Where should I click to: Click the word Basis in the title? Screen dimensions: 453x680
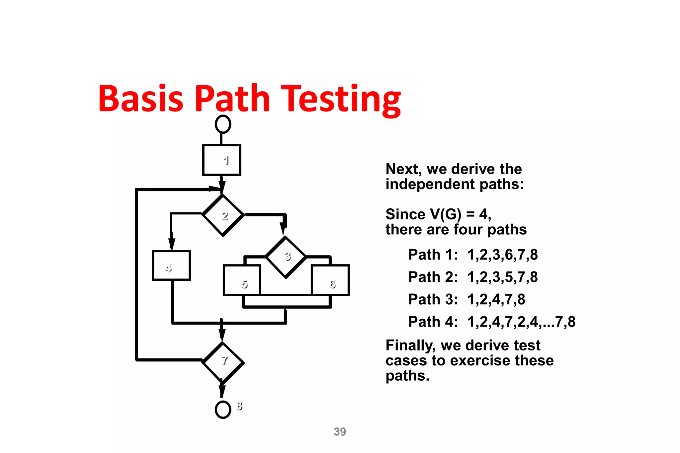141,99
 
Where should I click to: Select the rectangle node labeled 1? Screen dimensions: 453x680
221,160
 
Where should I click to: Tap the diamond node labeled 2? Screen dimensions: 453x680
223,215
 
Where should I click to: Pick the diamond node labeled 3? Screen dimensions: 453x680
286,257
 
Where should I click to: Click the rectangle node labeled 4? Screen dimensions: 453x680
171,265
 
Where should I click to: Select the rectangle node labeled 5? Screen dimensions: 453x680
241,280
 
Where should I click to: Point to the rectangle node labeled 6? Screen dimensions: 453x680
330,280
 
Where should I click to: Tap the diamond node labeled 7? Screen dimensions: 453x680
223,363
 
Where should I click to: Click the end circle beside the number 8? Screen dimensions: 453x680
223,410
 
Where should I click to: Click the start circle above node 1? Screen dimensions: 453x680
223,124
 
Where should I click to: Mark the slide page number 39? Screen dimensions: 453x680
340,432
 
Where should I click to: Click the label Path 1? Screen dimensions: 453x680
433,255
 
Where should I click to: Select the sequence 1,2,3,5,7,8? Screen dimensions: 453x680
502,277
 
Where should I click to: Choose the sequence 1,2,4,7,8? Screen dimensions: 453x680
496,299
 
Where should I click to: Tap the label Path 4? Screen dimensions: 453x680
433,322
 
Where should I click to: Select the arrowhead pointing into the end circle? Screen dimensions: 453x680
222,392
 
